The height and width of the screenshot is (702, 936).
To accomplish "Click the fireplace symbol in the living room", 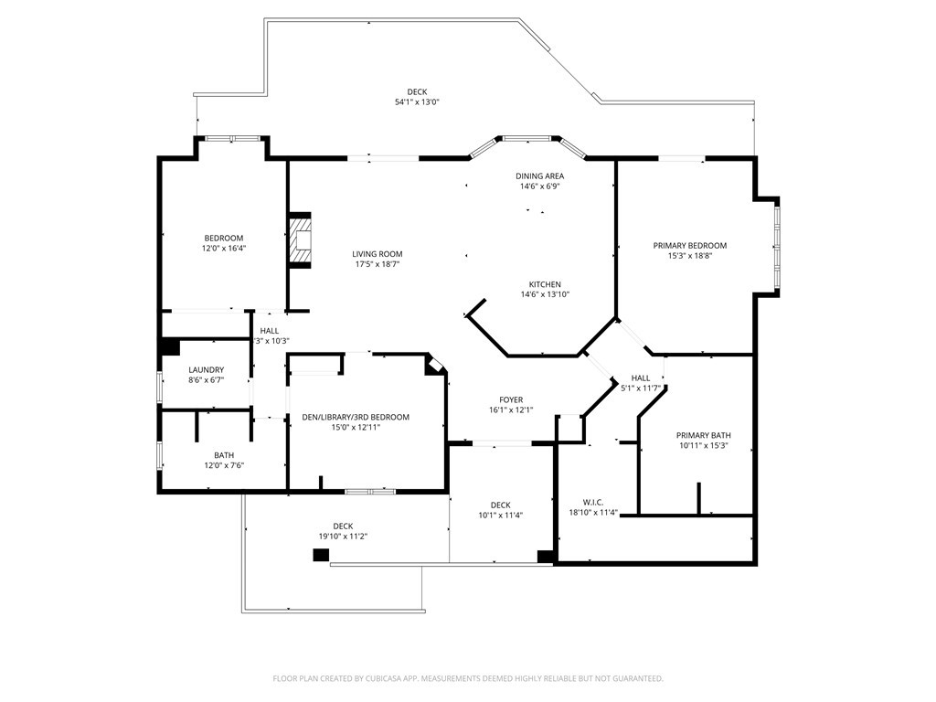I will click(x=301, y=240).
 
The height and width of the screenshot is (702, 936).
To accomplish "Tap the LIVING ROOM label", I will click(x=378, y=254).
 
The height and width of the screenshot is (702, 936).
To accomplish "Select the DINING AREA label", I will click(x=539, y=175).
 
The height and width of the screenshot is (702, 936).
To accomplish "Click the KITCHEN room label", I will click(x=545, y=284).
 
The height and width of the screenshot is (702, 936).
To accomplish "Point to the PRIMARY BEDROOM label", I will click(x=689, y=245).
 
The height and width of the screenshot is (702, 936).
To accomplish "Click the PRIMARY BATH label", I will click(x=703, y=435).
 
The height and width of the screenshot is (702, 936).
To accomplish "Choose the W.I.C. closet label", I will click(x=593, y=502).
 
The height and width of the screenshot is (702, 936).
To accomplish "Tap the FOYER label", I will click(x=511, y=399).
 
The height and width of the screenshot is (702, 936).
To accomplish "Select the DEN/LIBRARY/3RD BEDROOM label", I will click(x=356, y=417).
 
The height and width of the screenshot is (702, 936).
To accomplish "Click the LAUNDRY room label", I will click(x=206, y=370).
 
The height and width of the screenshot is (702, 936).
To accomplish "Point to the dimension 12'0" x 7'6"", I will click(x=224, y=465).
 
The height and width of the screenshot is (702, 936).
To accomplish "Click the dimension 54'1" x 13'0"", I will click(x=417, y=102).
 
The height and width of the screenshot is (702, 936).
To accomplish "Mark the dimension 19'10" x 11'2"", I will click(x=343, y=537).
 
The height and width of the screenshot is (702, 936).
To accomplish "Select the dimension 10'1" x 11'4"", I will click(x=500, y=516).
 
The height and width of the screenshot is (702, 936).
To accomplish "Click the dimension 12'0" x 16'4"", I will click(x=224, y=249).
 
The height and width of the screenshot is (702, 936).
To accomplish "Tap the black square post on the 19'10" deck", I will click(x=321, y=555).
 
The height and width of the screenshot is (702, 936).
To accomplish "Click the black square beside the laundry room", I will click(x=170, y=347).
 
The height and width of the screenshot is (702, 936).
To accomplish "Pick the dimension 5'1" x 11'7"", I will click(x=641, y=388).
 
